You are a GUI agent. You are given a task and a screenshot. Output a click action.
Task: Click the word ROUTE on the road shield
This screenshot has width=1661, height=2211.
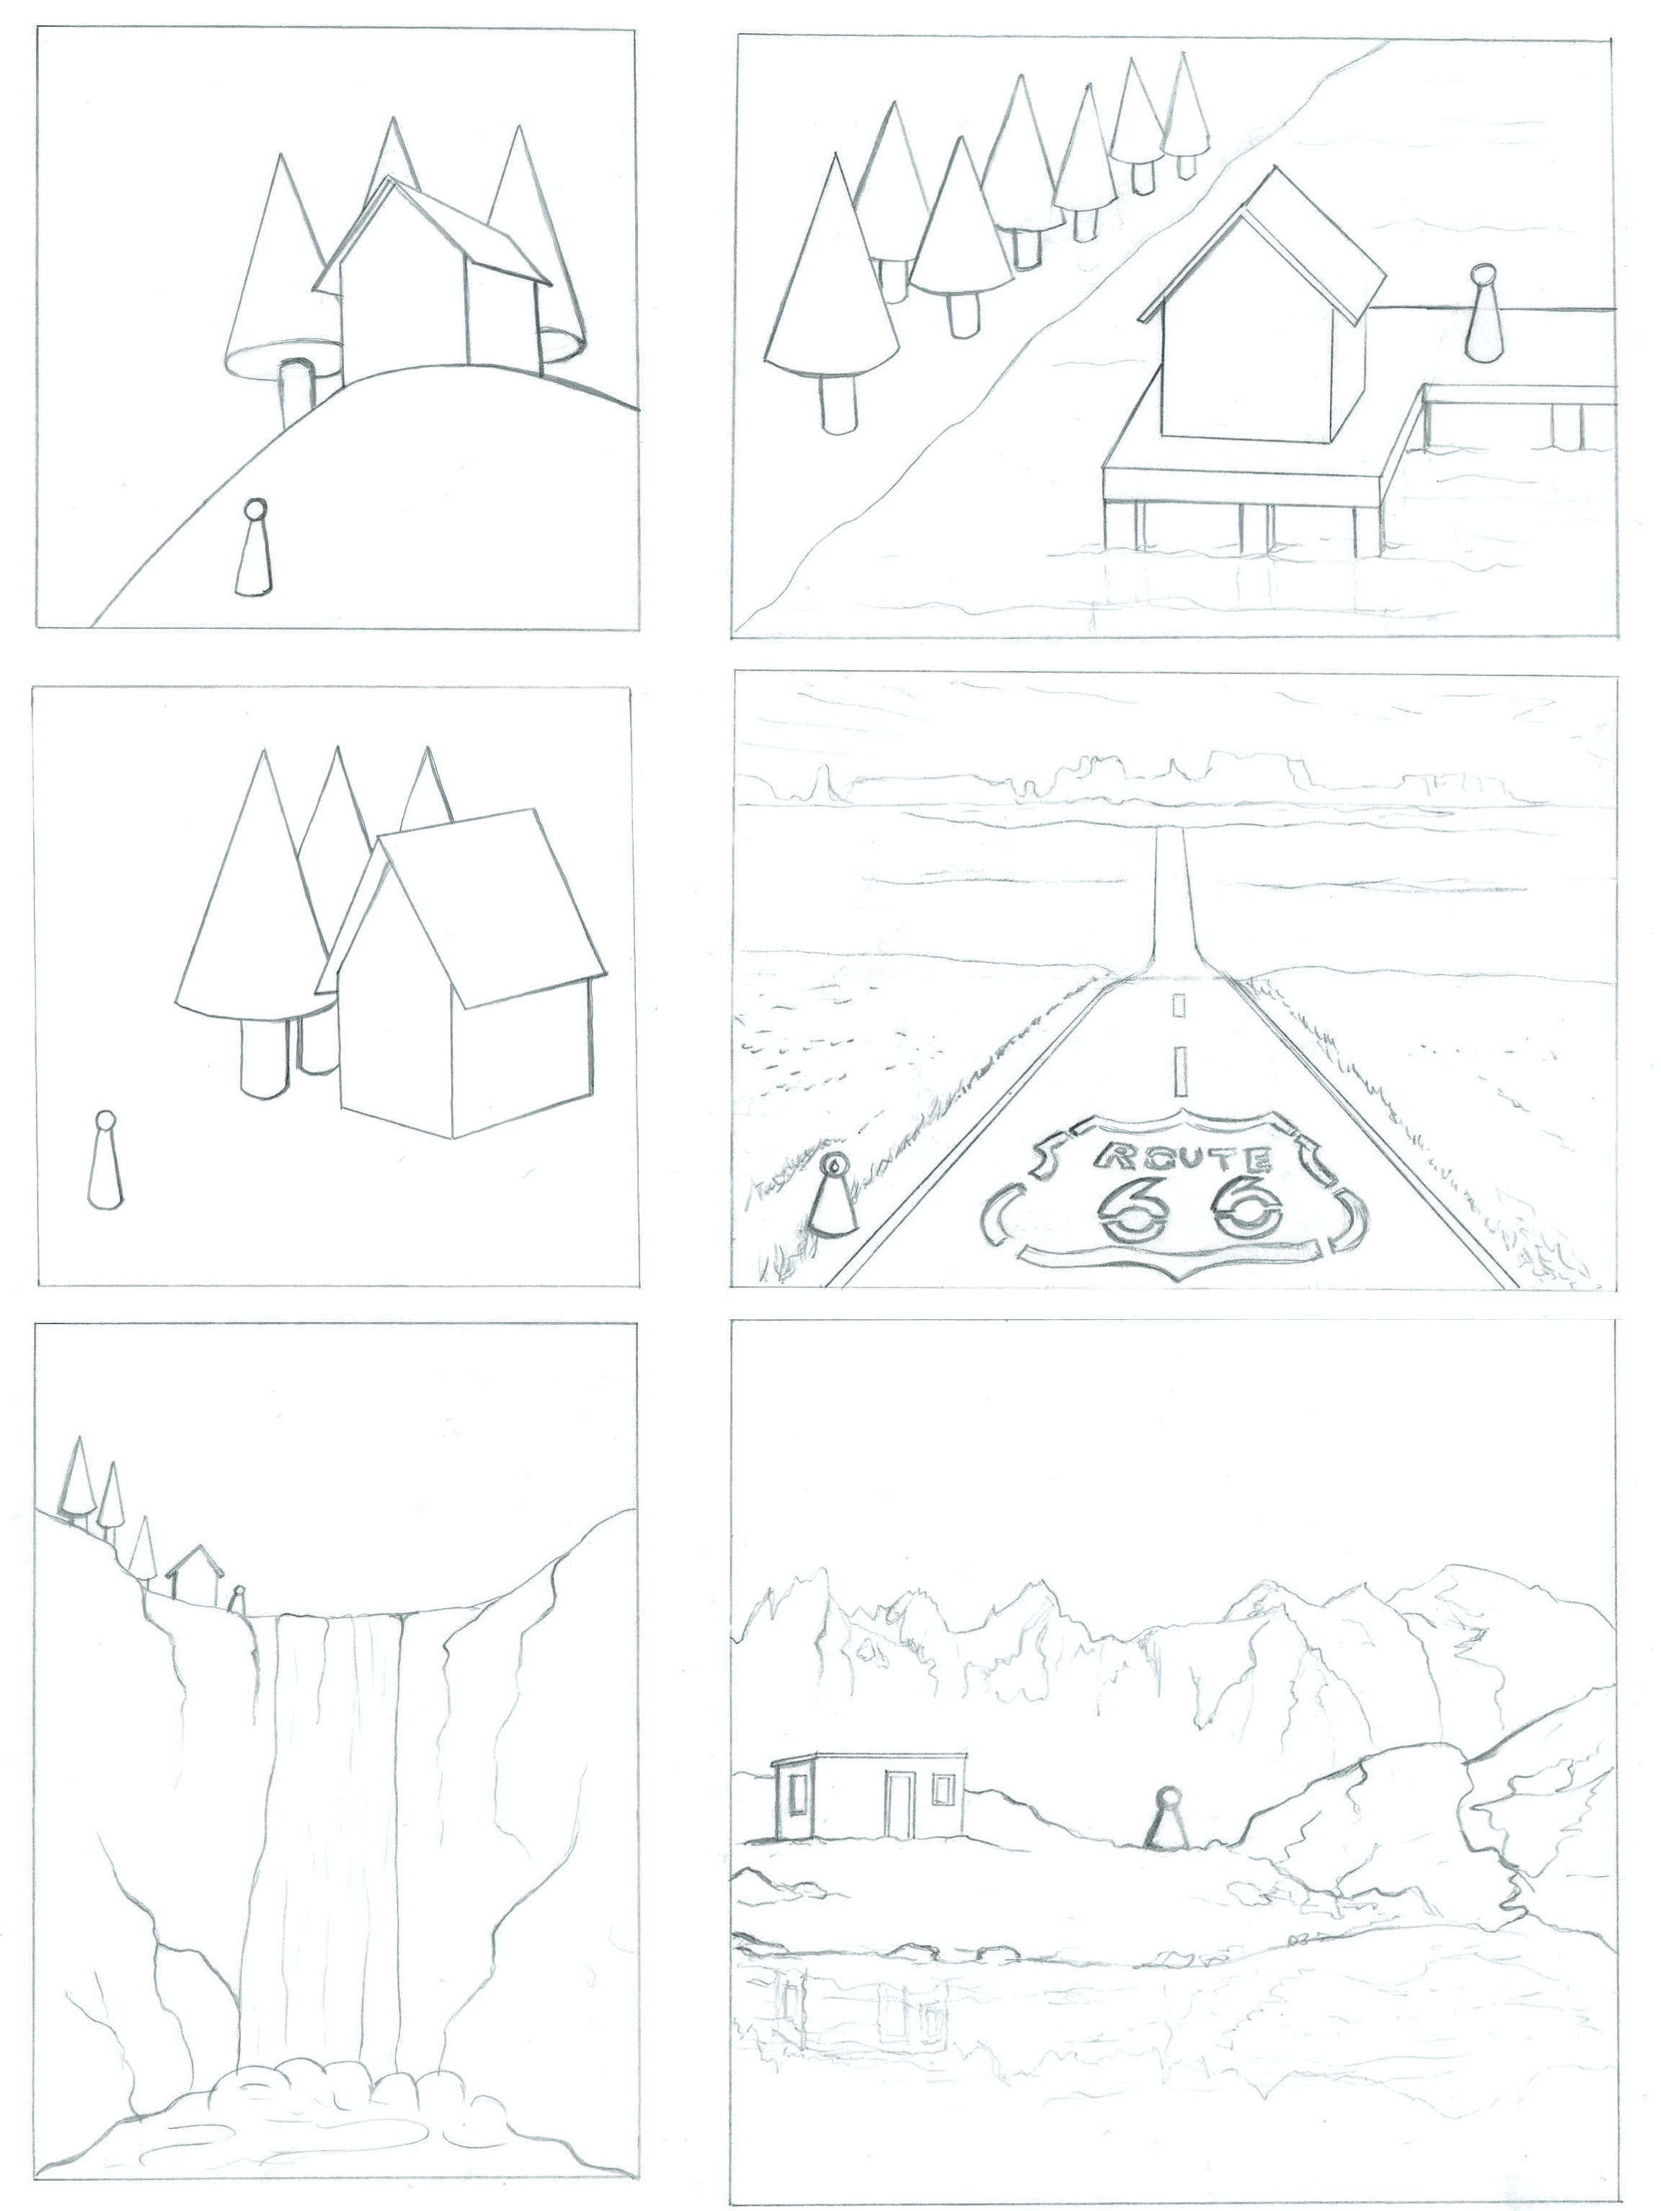point(1184,1159)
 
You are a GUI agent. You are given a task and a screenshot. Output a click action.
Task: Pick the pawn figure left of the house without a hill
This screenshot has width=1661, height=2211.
point(103,1163)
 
